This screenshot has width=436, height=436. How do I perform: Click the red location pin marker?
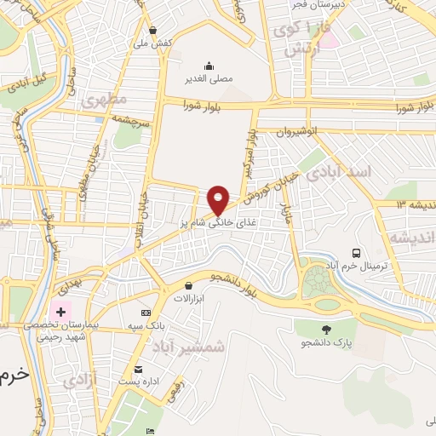219,200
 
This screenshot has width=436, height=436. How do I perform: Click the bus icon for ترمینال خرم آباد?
356,253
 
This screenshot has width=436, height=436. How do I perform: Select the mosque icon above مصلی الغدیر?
209,66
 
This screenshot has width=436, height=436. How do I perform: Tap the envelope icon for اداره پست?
138,369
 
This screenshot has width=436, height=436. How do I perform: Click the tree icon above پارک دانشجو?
326,329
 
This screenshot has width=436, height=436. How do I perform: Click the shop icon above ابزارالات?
187,286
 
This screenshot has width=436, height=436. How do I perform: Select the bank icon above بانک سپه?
146,313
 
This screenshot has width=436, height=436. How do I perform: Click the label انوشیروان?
306,132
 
